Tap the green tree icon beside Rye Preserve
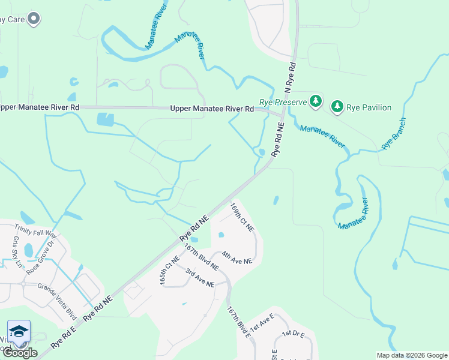click(x=316, y=101)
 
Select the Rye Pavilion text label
click(x=369, y=108)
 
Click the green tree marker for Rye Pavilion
click(x=338, y=107)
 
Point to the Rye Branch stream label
click(x=394, y=133)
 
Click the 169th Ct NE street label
click(x=243, y=217)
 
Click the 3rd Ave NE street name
click(x=200, y=277)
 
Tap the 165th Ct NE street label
click(x=170, y=271)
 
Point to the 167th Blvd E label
click(x=238, y=323)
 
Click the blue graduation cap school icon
click(x=19, y=332)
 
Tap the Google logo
click(x=20, y=353)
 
